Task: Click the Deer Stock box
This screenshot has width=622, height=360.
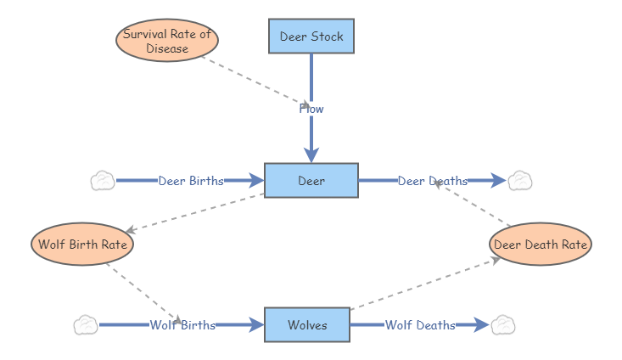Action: (311, 37)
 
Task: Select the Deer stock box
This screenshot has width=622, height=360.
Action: (311, 181)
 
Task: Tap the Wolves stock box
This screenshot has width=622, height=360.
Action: (307, 325)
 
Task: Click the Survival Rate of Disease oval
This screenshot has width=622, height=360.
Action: (167, 42)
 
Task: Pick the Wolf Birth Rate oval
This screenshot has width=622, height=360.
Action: (82, 245)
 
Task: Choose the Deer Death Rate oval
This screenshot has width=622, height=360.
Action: (541, 245)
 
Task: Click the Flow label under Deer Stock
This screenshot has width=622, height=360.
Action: (311, 109)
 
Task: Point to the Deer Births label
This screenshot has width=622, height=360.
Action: (191, 181)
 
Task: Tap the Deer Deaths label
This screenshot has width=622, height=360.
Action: (433, 181)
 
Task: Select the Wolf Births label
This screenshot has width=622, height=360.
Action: (182, 325)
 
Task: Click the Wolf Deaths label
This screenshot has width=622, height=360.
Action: (420, 325)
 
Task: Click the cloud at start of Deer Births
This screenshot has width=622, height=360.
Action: (103, 181)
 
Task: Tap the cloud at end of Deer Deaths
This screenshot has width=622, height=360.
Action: (519, 181)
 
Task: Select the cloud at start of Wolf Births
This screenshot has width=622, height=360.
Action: (86, 325)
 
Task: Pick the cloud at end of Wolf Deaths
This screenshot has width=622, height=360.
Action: (502, 325)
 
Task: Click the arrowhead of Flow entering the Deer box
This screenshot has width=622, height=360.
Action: (311, 155)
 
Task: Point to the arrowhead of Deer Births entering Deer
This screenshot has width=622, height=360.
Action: (256, 181)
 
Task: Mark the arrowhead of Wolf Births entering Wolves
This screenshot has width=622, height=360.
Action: (256, 325)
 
